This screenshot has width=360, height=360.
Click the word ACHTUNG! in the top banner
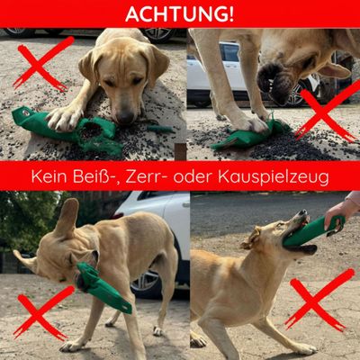(x=179, y=13)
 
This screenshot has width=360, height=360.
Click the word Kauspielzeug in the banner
(x=274, y=178)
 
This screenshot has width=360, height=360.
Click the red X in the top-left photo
(x=44, y=64)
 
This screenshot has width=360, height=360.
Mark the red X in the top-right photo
(x=328, y=112)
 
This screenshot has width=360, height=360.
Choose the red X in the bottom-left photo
(x=43, y=312)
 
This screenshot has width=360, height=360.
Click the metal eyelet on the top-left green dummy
(x=26, y=113)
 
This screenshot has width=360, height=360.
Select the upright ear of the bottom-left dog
(x=66, y=217)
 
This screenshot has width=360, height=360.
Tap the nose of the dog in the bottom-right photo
(x=303, y=212)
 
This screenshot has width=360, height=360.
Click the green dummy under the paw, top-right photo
(x=249, y=136)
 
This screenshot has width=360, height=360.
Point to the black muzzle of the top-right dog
(x=272, y=82)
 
